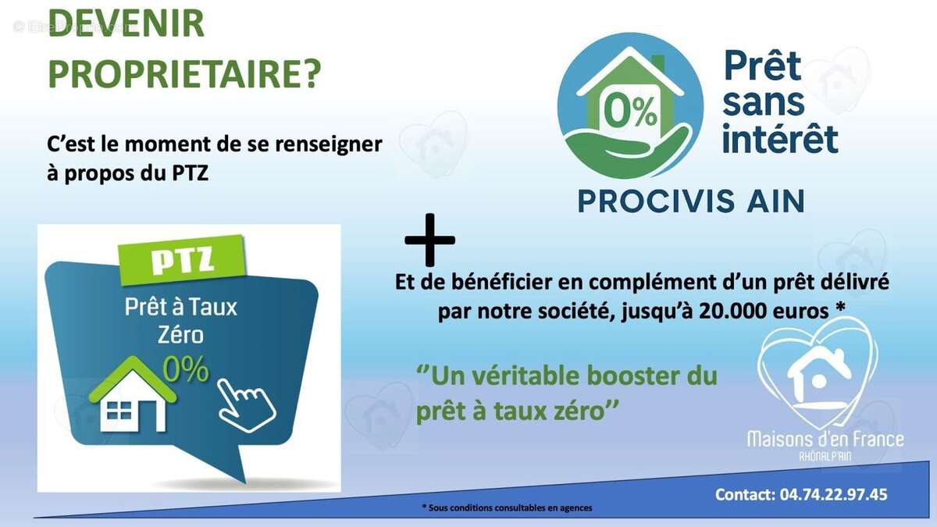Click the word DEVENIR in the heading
[x=126, y=24]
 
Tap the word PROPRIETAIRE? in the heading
[x=184, y=73]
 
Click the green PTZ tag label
[x=182, y=260]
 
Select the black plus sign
[x=429, y=240]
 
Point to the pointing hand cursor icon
[x=246, y=404]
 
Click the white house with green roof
[x=133, y=395]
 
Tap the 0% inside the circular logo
[x=630, y=112]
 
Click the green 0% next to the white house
[x=186, y=369]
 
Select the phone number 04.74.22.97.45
[x=833, y=494]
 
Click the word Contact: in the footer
[x=745, y=494]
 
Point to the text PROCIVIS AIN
[x=691, y=201]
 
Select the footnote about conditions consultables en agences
[x=507, y=507]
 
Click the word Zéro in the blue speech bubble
[x=180, y=335]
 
